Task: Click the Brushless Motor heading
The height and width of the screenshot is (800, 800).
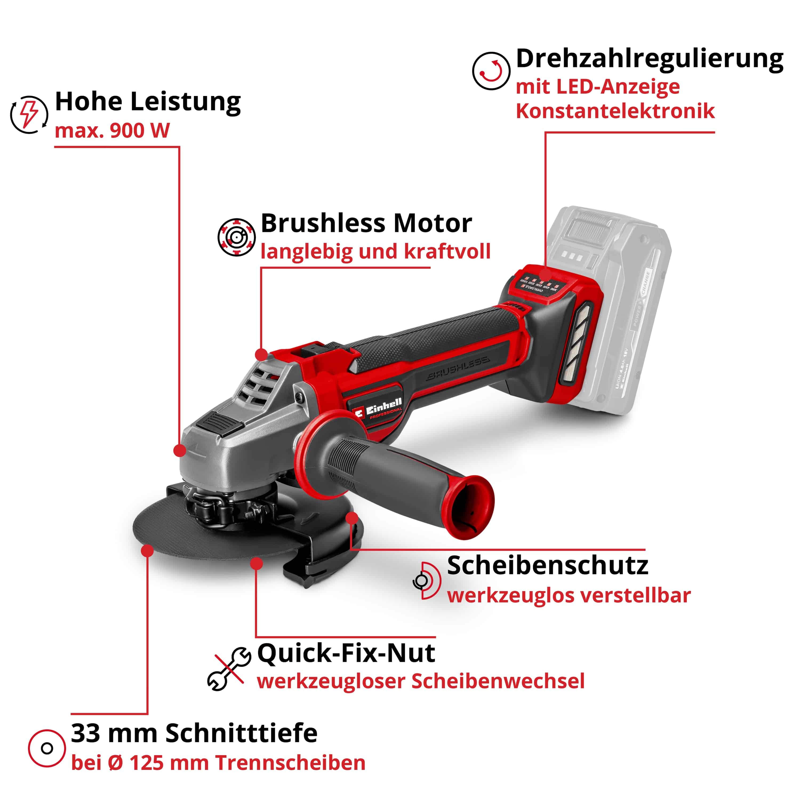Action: (x=366, y=224)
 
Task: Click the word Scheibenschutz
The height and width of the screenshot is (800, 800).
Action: (x=547, y=566)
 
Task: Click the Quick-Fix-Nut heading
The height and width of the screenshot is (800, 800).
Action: (x=346, y=653)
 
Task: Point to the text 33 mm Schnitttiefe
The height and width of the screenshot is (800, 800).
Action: (x=194, y=733)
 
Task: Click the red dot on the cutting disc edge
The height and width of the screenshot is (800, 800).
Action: (x=147, y=551)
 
